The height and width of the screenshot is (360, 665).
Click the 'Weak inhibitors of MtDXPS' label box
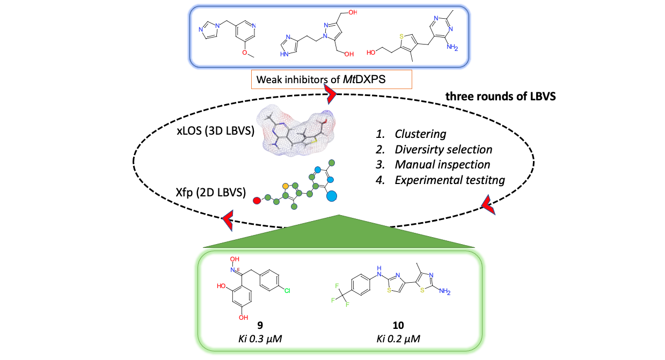point(331,80)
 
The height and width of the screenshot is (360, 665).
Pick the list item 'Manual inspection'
point(433,165)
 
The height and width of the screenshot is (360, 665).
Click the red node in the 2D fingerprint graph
point(257,201)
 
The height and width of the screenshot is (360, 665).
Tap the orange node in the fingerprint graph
point(286,186)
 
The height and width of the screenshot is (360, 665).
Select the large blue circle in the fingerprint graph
point(332,197)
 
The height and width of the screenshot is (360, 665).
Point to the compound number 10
point(398,325)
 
